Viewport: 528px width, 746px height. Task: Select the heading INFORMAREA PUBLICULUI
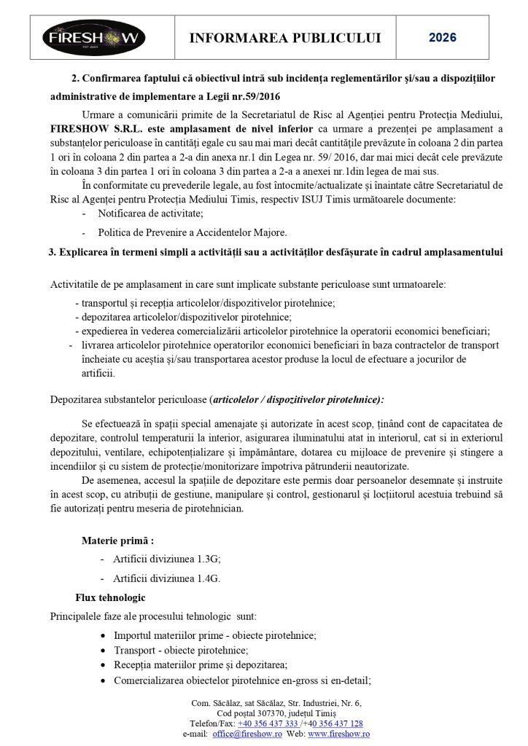click(284, 38)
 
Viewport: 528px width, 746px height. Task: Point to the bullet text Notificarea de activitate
click(150, 213)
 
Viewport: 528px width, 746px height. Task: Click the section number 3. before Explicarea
click(53, 252)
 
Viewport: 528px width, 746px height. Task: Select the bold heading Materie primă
click(117, 541)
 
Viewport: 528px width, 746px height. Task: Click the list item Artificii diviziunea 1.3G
click(166, 559)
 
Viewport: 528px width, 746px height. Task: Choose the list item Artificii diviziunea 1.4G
click(166, 578)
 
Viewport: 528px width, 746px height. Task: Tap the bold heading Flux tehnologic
click(110, 597)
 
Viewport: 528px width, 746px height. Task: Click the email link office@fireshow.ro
click(247, 734)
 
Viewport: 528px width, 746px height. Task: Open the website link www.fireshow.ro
click(338, 734)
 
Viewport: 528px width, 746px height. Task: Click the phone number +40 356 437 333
click(268, 723)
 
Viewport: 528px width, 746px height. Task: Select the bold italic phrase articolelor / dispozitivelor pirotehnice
click(297, 400)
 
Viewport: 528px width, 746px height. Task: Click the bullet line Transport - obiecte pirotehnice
click(181, 650)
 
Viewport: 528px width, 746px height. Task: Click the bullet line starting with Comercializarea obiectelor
click(242, 680)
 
